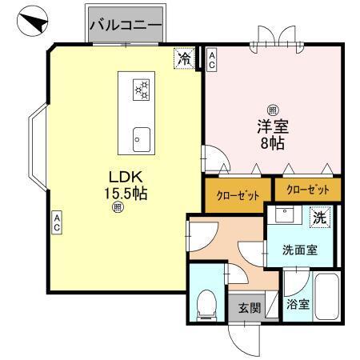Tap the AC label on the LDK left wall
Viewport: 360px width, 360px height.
(x=58, y=222)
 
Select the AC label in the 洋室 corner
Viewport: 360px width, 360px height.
(x=211, y=59)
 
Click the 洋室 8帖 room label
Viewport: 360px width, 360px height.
(x=272, y=134)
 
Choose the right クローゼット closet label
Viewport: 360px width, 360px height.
(x=307, y=190)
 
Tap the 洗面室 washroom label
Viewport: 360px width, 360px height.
(x=299, y=250)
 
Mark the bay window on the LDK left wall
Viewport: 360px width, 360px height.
(x=38, y=144)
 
